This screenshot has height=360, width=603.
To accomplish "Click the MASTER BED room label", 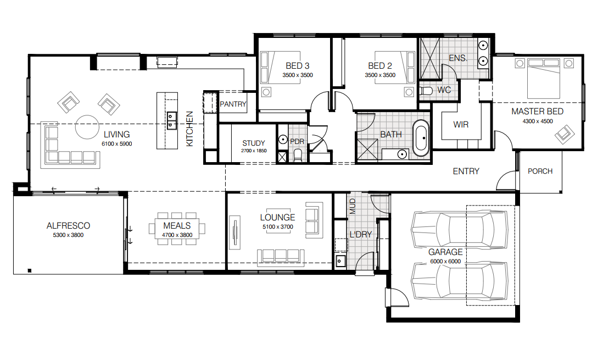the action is (537, 111).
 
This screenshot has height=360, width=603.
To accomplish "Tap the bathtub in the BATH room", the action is (421, 138).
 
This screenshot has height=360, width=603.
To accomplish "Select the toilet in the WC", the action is (426, 91).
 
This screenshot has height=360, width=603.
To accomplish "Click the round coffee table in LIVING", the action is (87, 127).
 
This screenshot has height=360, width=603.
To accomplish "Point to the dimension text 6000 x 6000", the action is (445, 262).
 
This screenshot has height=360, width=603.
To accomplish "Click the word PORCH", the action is (540, 171).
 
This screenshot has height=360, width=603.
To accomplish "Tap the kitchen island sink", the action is (171, 120).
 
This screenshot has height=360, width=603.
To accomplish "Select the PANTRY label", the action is (233, 104).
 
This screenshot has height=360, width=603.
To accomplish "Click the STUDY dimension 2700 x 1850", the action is (254, 151).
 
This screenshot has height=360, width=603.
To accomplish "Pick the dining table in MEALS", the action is (177, 229).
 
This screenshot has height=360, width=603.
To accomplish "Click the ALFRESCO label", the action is (68, 226).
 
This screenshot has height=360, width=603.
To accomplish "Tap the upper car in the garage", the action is (460, 230).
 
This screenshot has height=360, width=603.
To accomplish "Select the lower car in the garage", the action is (460, 281).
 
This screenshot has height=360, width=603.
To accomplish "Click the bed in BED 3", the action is (280, 68).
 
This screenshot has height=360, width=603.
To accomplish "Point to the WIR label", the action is (461, 125).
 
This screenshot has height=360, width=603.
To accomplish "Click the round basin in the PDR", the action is (283, 140).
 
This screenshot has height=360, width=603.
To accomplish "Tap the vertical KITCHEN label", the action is (189, 129).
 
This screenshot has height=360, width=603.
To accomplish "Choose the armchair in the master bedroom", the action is (564, 134).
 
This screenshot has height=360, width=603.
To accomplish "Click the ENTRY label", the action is (466, 171).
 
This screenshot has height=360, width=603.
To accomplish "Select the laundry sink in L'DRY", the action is (340, 261).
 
